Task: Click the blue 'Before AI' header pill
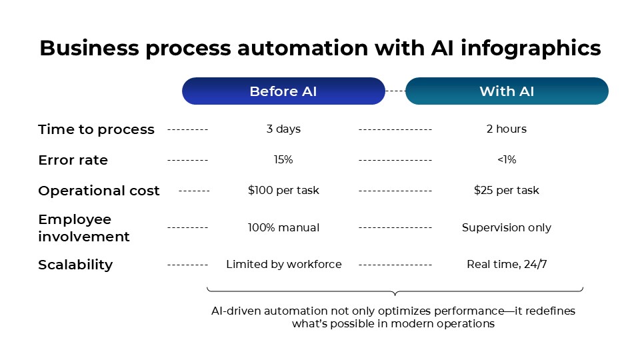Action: coord(283,91)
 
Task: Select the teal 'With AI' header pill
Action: coord(507,91)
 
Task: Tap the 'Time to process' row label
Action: coord(96,129)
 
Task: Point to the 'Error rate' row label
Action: coord(73,160)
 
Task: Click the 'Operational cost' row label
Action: coord(99,191)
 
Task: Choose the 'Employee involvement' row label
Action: coord(83,228)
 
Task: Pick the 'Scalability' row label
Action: coord(75,265)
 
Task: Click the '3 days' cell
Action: coord(283,129)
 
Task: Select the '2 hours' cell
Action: coord(507,129)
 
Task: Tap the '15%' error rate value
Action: coord(283,160)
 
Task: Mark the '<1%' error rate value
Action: coord(507,160)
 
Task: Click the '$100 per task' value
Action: coord(283,191)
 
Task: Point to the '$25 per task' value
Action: coord(507,191)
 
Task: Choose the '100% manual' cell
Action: coord(283,228)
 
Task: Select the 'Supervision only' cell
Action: coord(507,228)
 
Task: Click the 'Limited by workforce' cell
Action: coord(283,265)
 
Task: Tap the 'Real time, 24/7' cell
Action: coord(507,265)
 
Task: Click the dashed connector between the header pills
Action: coord(395,91)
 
